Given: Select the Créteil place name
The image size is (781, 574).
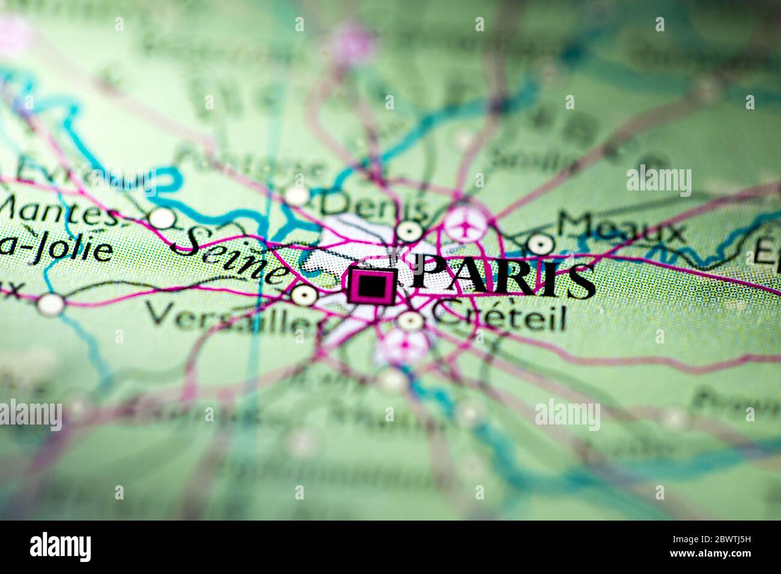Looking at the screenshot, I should (x=500, y=319).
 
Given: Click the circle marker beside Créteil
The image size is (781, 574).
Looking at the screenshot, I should (x=411, y=321).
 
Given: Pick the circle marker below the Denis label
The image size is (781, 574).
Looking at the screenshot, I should (x=409, y=230).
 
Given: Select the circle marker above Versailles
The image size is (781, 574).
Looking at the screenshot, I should (x=302, y=294).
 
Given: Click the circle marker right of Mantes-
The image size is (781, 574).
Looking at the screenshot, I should (x=161, y=219).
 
